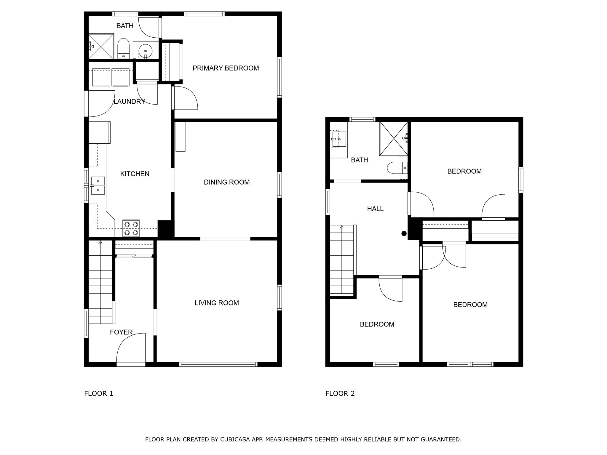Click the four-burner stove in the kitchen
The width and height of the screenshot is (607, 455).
click(x=131, y=228)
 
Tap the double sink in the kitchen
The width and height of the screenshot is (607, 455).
click(x=98, y=186)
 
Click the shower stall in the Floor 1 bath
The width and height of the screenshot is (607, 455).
click(x=101, y=46)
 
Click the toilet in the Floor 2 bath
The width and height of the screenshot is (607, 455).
click(x=397, y=168)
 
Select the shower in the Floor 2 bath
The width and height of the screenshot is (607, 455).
click(x=394, y=139)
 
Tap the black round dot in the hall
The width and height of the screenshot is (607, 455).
click(x=404, y=233)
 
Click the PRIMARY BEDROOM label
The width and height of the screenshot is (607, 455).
click(x=226, y=68)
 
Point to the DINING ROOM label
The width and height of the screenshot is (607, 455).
click(x=227, y=182)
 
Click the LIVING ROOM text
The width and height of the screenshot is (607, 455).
click(x=217, y=303)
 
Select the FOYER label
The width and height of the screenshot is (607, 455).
click(x=121, y=332)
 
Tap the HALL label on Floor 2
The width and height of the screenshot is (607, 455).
click(x=375, y=209)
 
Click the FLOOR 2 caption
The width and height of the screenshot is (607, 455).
click(x=340, y=393)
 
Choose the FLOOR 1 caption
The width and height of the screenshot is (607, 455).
click(x=99, y=393)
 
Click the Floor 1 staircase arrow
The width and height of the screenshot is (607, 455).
click(x=100, y=243)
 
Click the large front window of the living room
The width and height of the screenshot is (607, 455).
click(x=218, y=364)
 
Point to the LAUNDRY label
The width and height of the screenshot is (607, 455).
click(x=130, y=102)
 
